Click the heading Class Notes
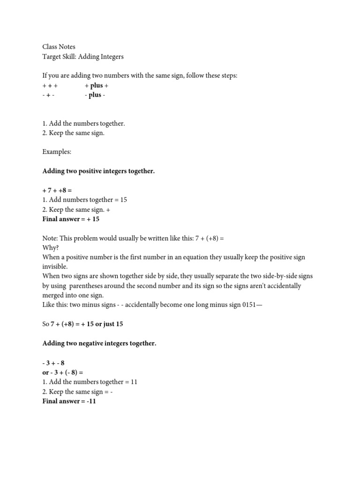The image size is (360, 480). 59,47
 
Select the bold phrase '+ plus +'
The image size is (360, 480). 97,86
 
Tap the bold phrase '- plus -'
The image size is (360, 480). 95,95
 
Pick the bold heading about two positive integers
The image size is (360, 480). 98,172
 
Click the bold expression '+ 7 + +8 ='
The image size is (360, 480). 57,191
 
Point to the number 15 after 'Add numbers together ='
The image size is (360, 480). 123,200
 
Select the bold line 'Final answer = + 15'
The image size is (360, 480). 71,219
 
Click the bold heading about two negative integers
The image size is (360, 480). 99,344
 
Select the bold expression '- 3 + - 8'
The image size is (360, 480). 53,363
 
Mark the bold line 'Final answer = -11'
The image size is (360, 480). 69,401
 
